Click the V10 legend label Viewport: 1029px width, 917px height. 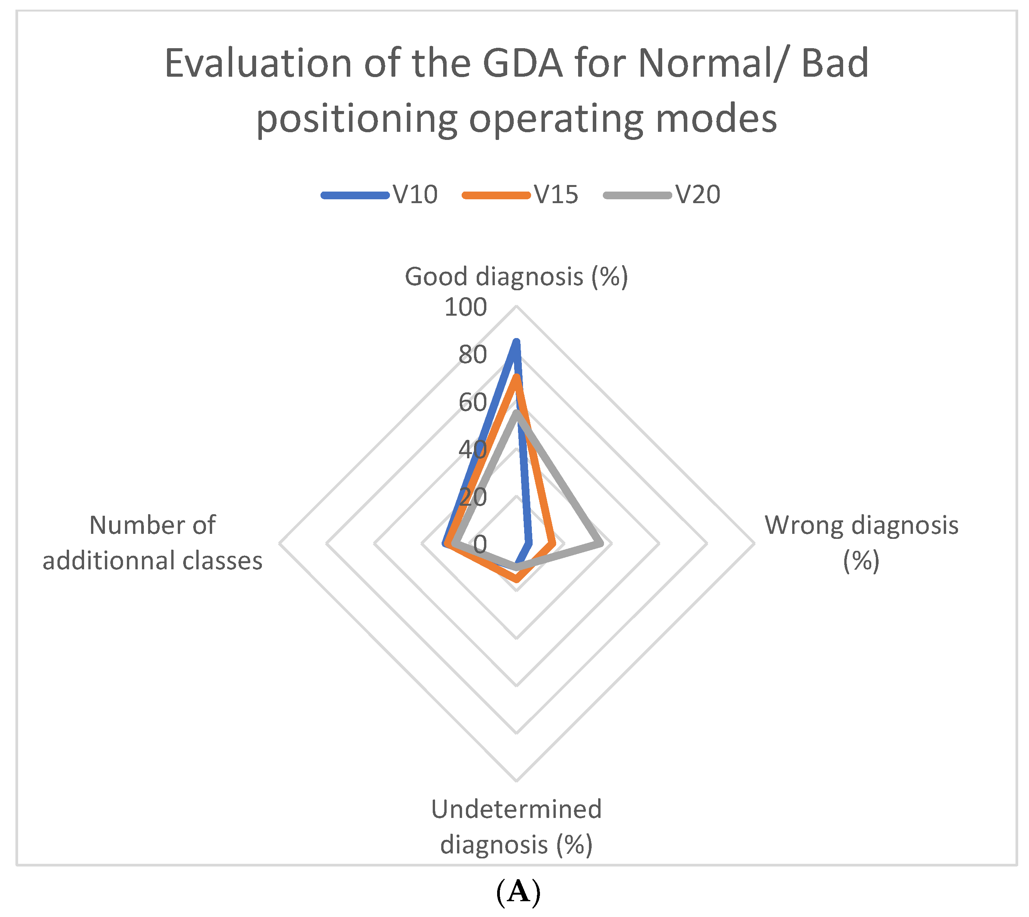(x=415, y=195)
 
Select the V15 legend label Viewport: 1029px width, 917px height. (x=556, y=195)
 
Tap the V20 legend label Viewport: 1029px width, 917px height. (x=698, y=195)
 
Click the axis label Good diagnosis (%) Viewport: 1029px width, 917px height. (x=516, y=277)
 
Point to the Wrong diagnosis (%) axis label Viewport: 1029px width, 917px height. (x=861, y=543)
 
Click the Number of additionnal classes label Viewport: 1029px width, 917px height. (x=153, y=543)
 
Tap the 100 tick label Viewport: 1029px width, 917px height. (x=466, y=307)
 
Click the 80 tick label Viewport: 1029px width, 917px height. (x=472, y=355)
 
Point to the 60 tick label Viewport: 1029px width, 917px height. (x=472, y=402)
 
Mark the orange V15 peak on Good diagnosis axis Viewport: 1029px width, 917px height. (x=516, y=378)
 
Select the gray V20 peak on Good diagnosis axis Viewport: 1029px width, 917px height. (x=516, y=414)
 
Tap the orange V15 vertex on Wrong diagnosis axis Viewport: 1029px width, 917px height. (x=553, y=544)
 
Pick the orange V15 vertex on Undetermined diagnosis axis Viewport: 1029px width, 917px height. (x=516, y=579)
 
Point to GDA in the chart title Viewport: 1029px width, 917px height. (x=522, y=64)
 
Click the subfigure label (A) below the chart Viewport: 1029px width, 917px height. (x=518, y=892)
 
